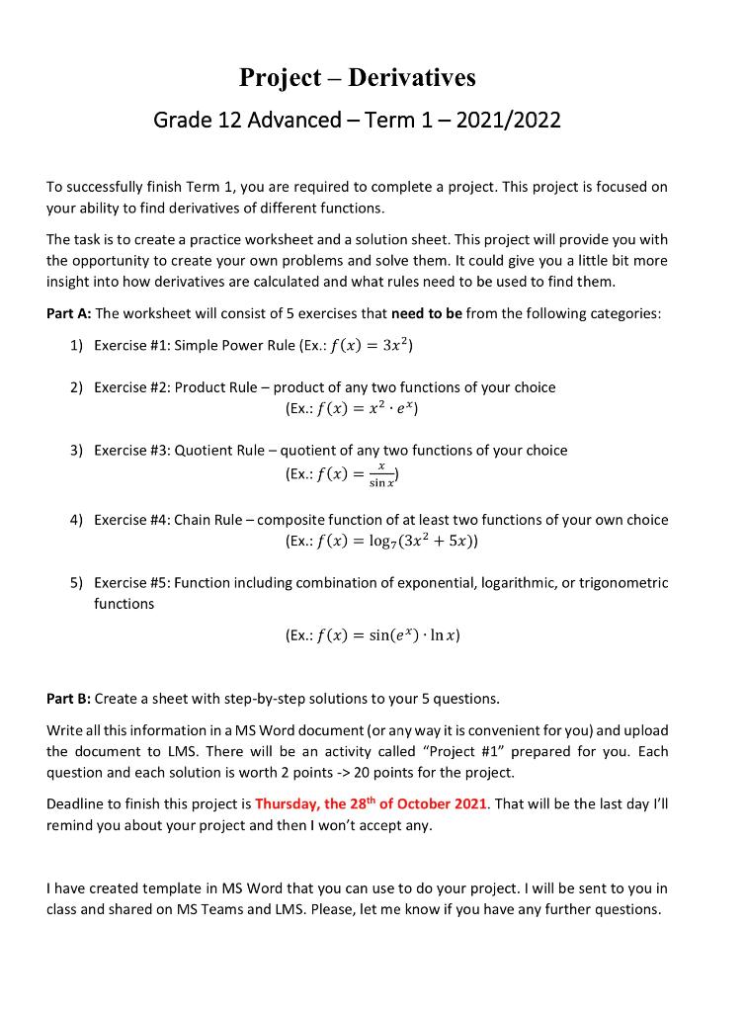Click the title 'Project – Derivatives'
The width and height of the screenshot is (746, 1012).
tap(357, 77)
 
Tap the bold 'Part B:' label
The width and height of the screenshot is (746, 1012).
tap(69, 699)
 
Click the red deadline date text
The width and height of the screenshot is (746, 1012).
tap(371, 802)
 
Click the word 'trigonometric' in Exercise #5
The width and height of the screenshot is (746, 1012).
tap(623, 583)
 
